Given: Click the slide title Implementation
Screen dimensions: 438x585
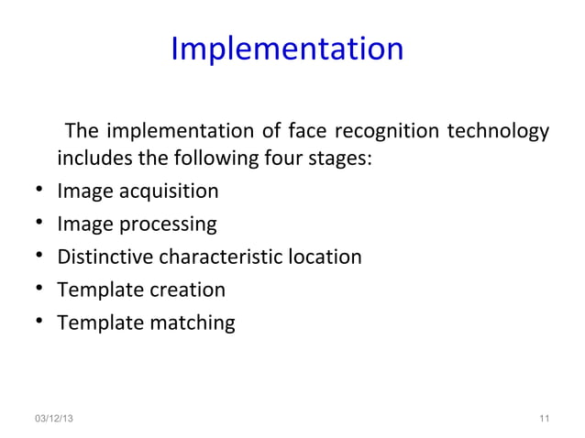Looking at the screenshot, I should click(x=287, y=49).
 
